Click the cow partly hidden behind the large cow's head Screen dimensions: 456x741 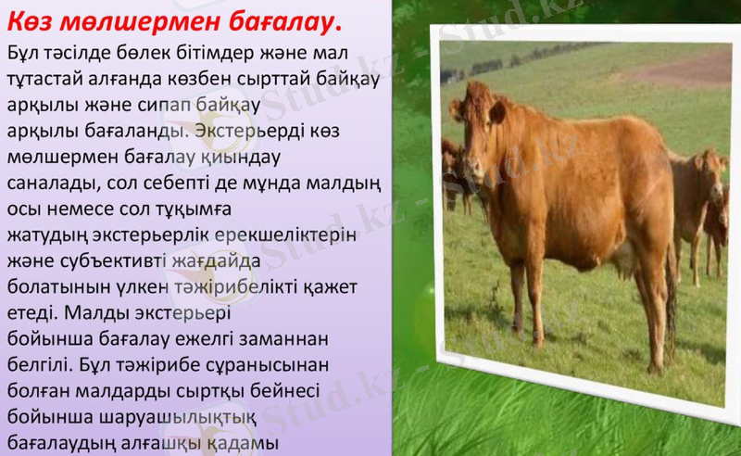452,171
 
